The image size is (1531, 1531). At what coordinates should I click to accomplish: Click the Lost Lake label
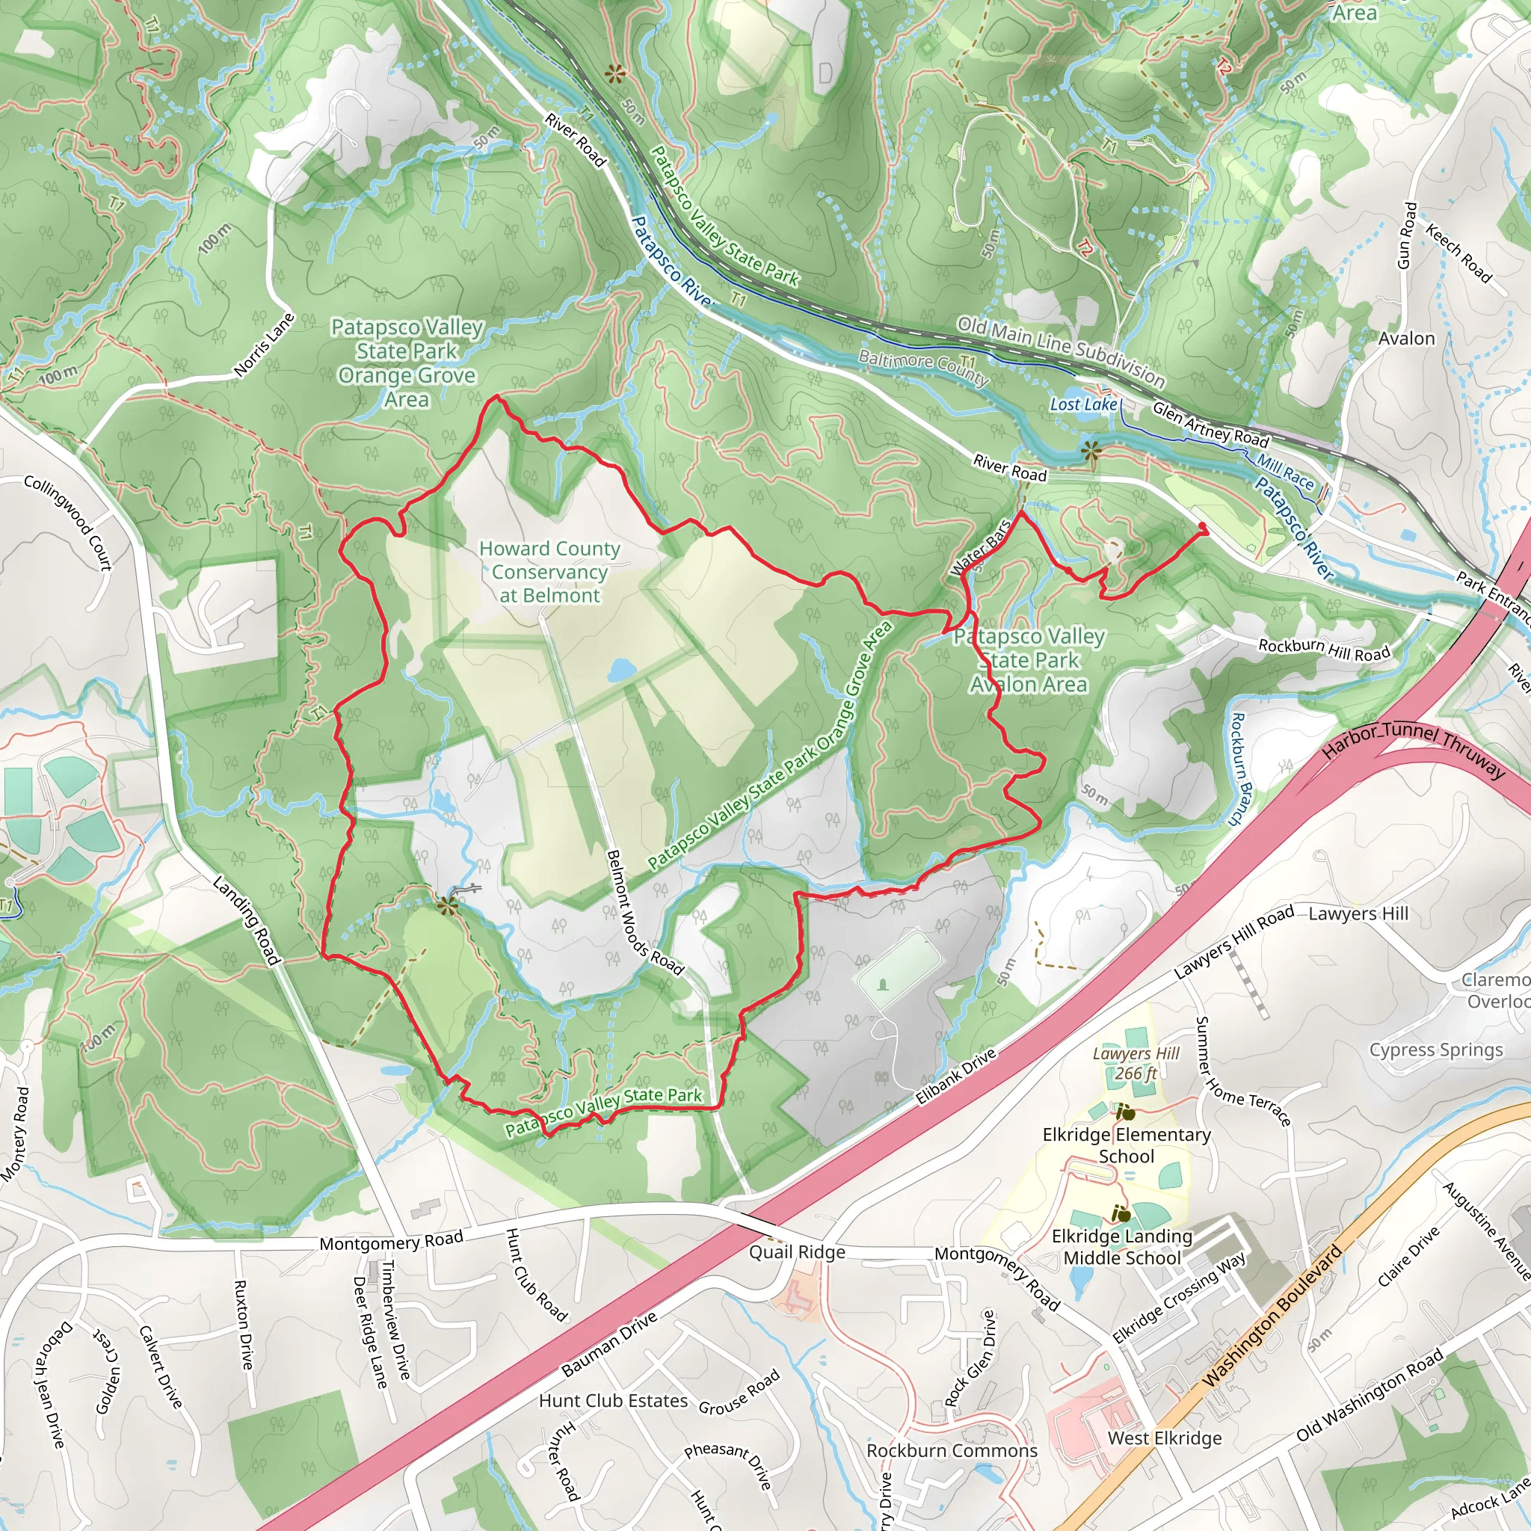(x=1082, y=404)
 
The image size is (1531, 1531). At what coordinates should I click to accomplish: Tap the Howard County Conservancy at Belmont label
(x=549, y=571)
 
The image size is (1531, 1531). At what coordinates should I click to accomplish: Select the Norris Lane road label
(x=264, y=345)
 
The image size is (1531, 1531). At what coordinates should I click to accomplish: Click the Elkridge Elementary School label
(x=1126, y=1145)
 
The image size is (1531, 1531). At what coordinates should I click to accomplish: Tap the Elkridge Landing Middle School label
(x=1121, y=1246)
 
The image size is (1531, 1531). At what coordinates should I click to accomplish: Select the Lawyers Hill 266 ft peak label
(x=1135, y=1064)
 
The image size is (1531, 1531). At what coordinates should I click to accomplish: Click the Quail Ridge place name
(x=796, y=1252)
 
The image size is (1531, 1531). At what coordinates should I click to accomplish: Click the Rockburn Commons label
(x=951, y=1450)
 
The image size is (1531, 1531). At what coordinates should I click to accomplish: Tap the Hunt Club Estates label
(x=612, y=1400)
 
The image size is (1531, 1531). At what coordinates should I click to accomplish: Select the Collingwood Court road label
(x=68, y=523)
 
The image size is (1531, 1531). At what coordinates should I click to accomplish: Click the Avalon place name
(x=1406, y=339)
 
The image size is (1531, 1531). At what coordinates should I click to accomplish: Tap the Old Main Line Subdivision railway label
(x=1060, y=351)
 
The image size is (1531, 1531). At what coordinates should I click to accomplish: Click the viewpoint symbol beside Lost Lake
(x=1091, y=452)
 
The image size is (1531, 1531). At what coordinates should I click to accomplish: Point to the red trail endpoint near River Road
(x=1203, y=527)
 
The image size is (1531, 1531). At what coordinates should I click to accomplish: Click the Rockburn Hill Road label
(x=1323, y=649)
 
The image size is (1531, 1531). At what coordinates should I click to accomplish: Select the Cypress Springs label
(x=1435, y=1050)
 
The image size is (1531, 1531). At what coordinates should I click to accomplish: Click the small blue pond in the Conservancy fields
(x=621, y=671)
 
